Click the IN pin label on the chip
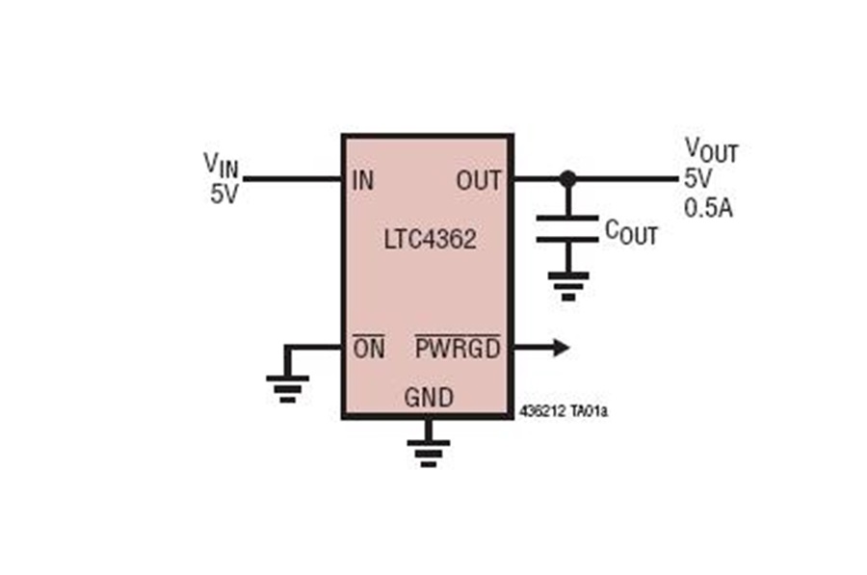pos(363,181)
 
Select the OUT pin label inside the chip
pos(479,181)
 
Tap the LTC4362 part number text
pos(431,240)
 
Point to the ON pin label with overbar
pos(369,348)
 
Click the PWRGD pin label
pos(458,348)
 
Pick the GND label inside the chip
pos(429,398)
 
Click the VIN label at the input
pos(222,164)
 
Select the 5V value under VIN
pos(223,194)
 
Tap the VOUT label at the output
pos(712,150)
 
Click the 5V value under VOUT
pos(698,178)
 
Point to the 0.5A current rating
pos(708,208)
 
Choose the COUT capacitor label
pos(631,232)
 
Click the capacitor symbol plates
pos(567,229)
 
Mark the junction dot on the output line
pos(567,178)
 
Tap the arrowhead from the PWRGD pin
pos(562,348)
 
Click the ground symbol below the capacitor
pos(567,286)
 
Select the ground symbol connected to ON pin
pos(287,389)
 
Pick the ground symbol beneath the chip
pos(429,454)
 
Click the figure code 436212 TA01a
pos(564,412)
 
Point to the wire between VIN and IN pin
pos(293,178)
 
